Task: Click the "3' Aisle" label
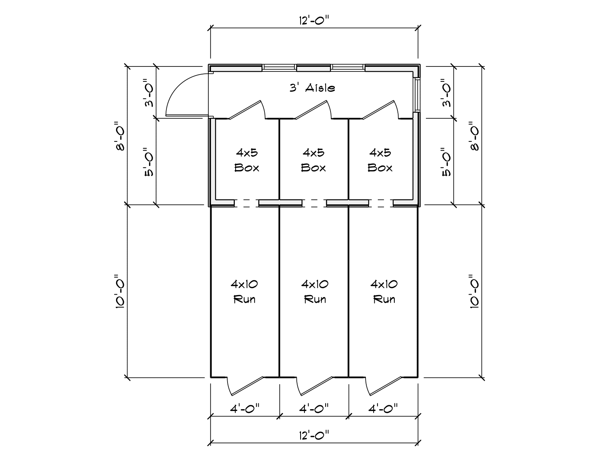[x=312, y=88]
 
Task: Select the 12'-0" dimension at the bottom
[x=314, y=435]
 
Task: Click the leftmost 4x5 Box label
[x=247, y=160]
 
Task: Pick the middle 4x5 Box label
[x=313, y=160]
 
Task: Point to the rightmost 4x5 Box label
[x=380, y=160]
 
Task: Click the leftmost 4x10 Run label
[x=244, y=292]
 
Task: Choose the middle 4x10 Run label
[x=315, y=292]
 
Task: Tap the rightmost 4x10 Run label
[x=384, y=292]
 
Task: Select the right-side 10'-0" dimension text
[x=474, y=291]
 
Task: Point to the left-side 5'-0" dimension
[x=148, y=162]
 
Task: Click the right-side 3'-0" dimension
[x=445, y=93]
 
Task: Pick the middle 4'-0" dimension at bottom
[x=314, y=408]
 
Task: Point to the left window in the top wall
[x=279, y=67]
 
